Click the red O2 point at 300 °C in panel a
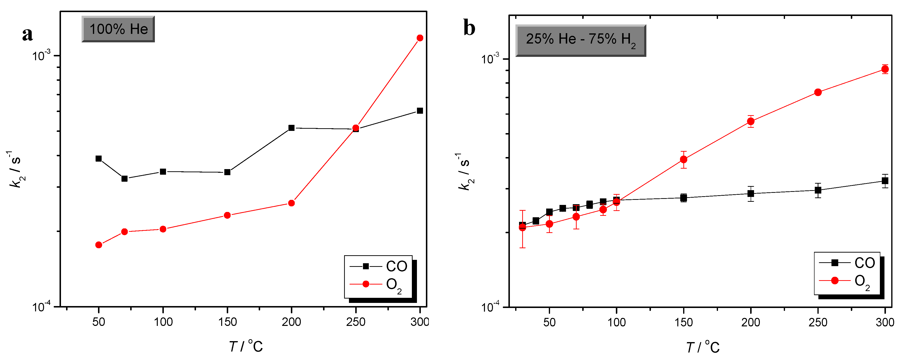(x=420, y=38)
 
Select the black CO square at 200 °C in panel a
(x=291, y=128)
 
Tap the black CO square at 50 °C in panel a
(x=99, y=158)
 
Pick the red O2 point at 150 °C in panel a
(x=227, y=215)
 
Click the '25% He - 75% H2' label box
(x=580, y=40)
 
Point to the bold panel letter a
(x=27, y=34)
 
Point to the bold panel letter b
(x=469, y=28)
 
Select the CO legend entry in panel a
(x=378, y=266)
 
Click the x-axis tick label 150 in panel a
(x=227, y=322)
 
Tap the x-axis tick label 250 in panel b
(x=818, y=322)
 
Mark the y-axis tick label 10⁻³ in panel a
(x=42, y=56)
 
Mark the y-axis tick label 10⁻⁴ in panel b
(x=490, y=307)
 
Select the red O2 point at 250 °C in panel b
(x=818, y=92)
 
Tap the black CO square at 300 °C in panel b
(x=885, y=181)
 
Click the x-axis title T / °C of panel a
(x=246, y=346)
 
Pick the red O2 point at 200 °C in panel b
(x=751, y=121)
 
